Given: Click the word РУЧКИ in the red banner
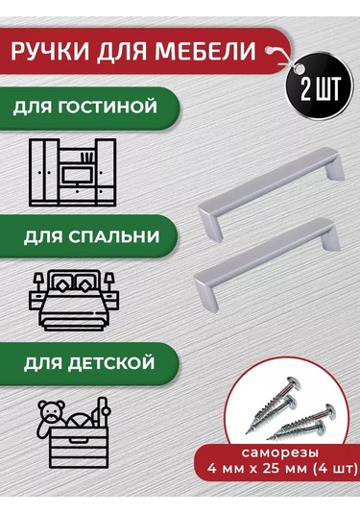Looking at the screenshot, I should click(61, 52).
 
